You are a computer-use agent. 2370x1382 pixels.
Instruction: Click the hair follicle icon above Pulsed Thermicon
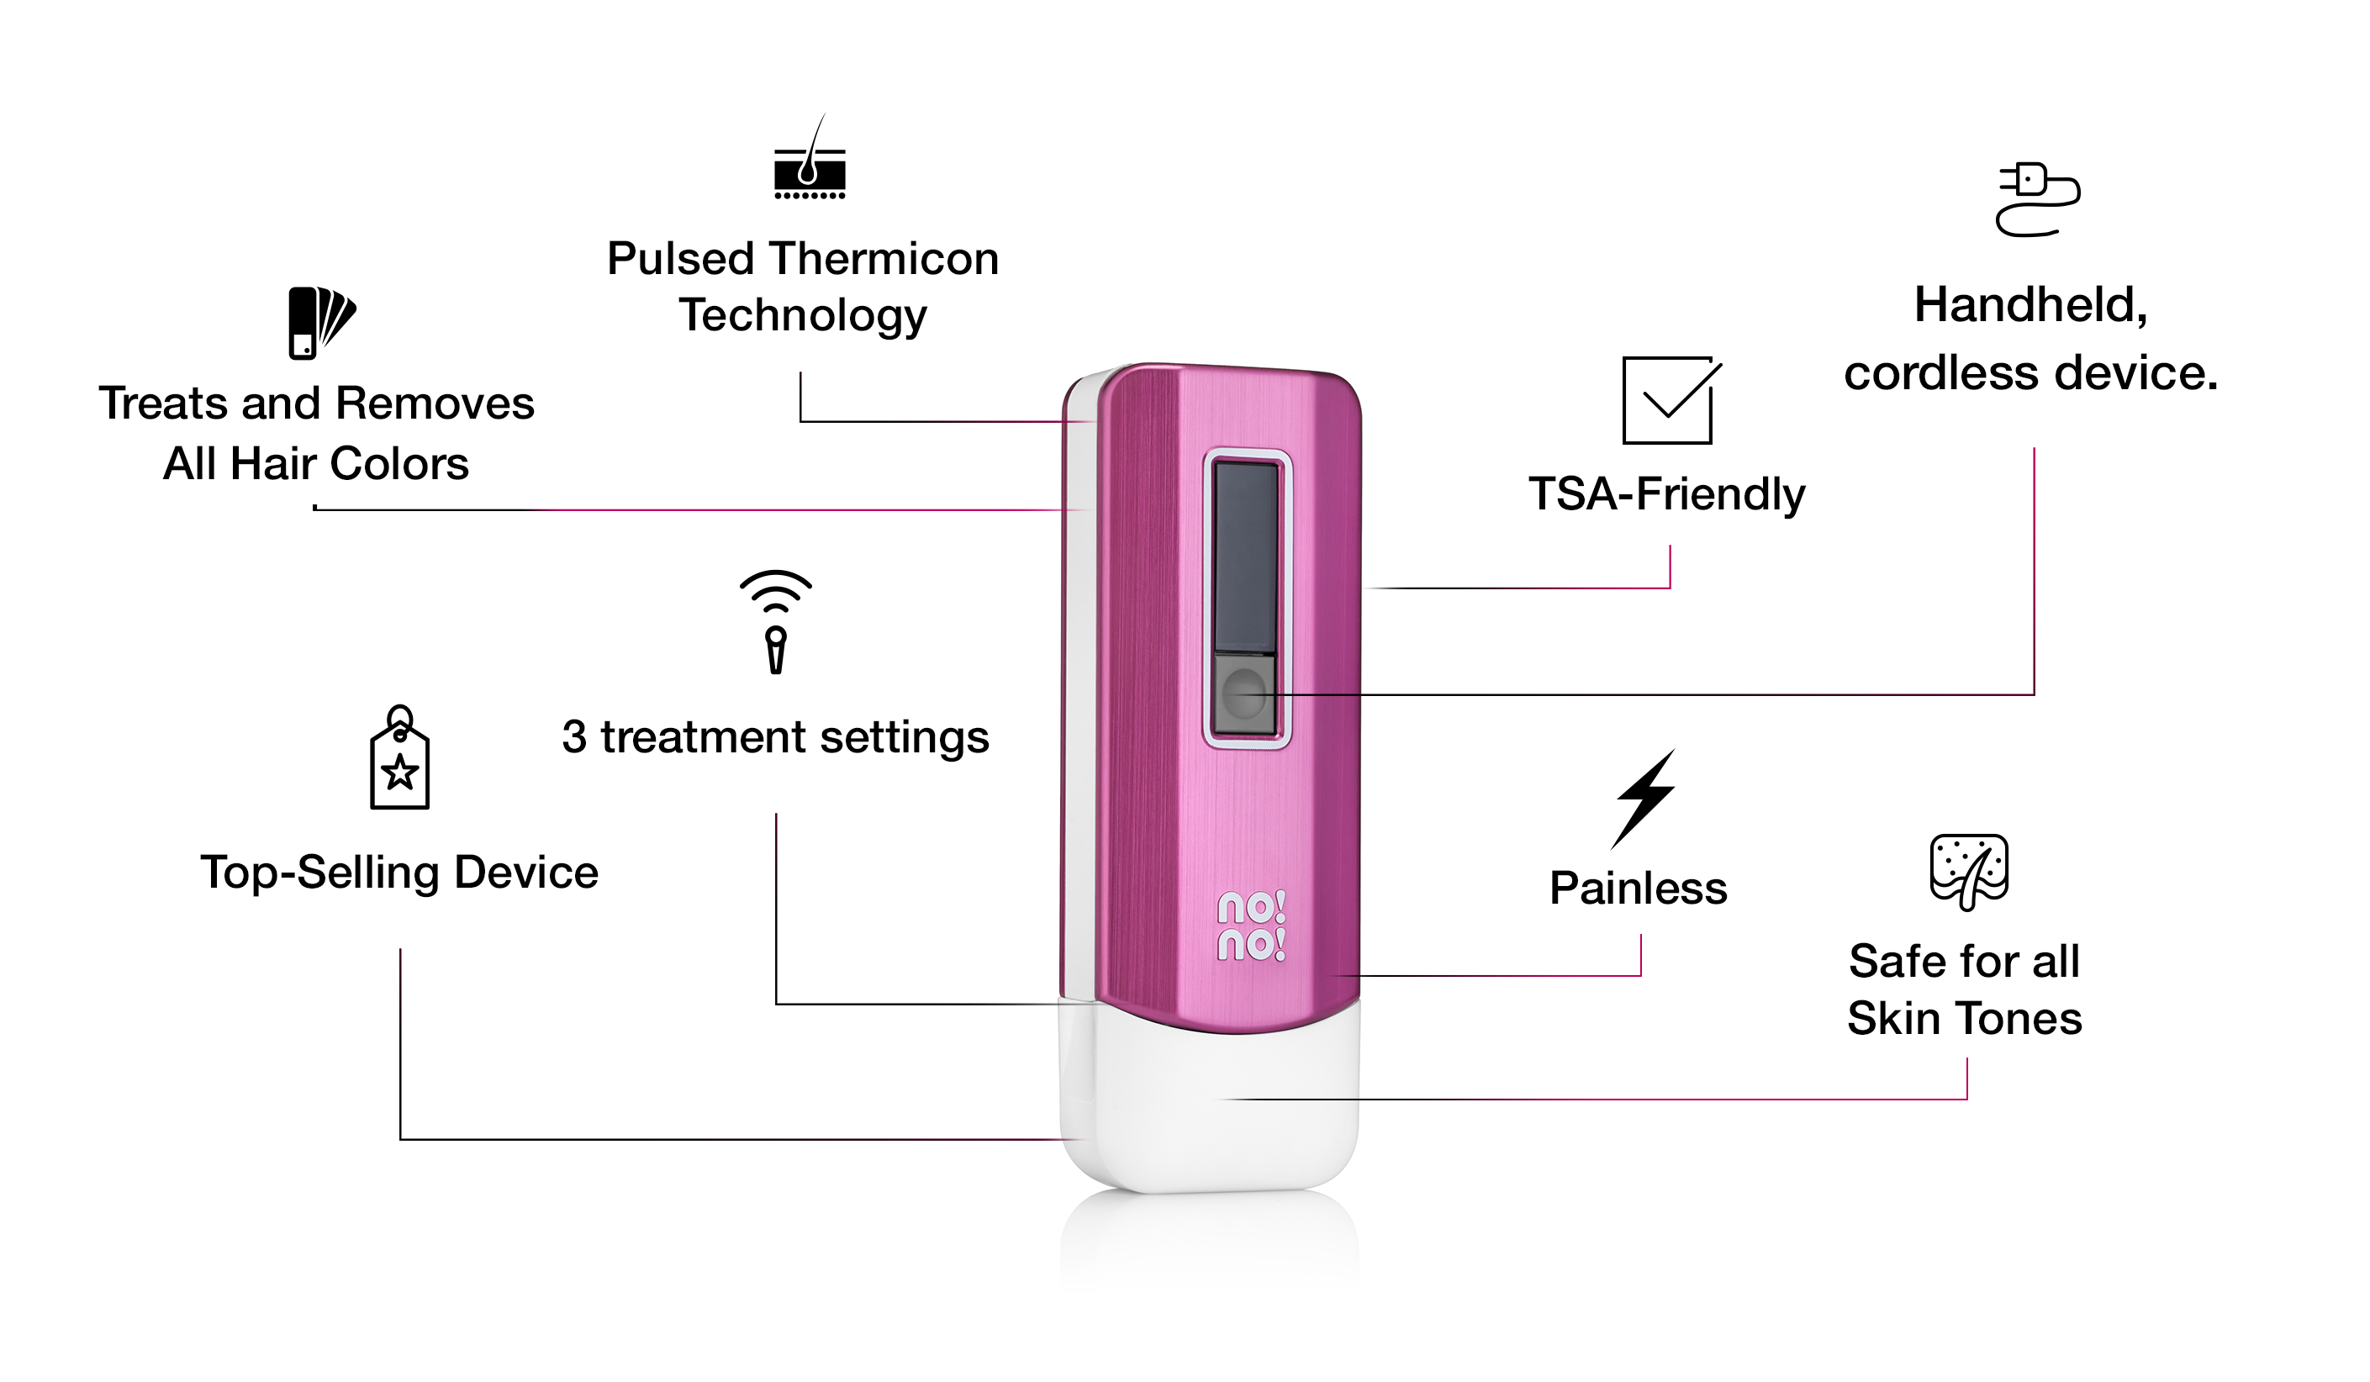[x=809, y=161]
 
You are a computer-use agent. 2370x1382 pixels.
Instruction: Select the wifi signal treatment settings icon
[x=775, y=620]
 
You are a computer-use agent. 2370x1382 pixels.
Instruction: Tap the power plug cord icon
[x=2036, y=200]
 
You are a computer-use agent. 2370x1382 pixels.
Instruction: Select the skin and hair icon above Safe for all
[x=1968, y=872]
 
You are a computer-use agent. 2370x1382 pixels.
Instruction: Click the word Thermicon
[x=884, y=259]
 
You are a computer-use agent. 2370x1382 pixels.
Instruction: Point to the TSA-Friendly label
[x=1666, y=494]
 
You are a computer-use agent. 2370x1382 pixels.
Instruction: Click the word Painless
[x=1639, y=889]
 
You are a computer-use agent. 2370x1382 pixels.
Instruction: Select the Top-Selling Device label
[x=399, y=873]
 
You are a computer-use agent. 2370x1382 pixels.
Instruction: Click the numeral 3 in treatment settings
[x=573, y=737]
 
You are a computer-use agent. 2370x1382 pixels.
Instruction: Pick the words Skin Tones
[x=1965, y=1019]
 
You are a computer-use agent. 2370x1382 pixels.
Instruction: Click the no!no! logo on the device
[x=1251, y=926]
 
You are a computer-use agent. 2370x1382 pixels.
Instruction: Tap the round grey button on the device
[x=1244, y=694]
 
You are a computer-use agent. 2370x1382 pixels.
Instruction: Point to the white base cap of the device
[x=1210, y=1110]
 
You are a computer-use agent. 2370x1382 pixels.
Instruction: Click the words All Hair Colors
[x=316, y=463]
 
